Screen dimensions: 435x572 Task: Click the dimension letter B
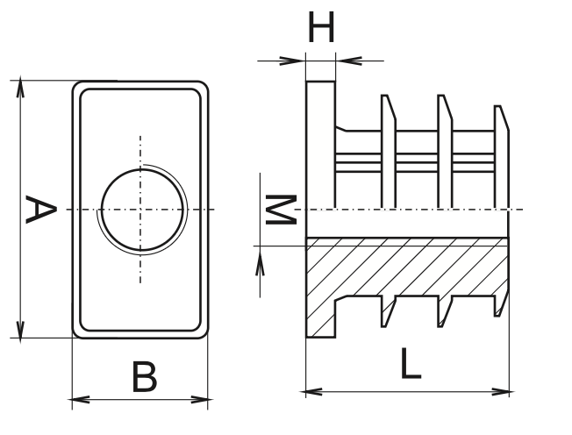145,377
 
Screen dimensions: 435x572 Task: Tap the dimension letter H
322,28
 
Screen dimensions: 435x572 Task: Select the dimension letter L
410,363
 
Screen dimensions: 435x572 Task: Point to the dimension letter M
280,210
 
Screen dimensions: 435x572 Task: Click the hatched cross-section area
404,267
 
